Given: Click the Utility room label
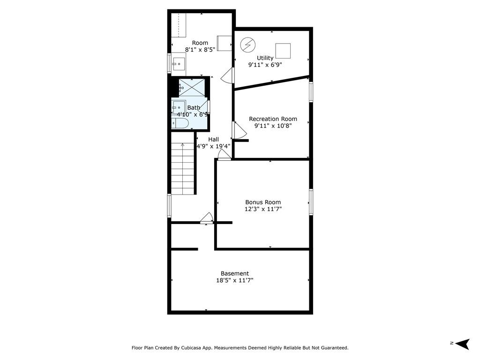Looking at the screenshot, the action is click(265, 58).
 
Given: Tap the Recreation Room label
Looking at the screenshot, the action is click(273, 119).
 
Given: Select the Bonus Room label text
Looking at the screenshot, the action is click(263, 202).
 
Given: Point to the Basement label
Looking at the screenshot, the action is click(235, 273).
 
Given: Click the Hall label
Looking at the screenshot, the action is click(213, 139).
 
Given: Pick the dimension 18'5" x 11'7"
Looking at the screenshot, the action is click(235, 280).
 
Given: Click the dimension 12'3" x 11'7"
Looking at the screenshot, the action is click(263, 209).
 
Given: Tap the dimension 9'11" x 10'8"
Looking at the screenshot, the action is click(273, 126).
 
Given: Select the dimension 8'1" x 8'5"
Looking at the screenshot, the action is click(200, 50).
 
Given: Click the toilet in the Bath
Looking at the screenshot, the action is click(180, 123).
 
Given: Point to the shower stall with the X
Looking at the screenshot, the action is click(192, 88).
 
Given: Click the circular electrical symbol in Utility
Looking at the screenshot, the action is click(247, 45).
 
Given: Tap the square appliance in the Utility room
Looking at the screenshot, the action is click(283, 51).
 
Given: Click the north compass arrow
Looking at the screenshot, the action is click(462, 344).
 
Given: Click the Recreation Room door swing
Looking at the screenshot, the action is click(240, 130).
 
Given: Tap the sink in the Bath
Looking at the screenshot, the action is click(178, 107).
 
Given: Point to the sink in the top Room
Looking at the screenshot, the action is click(178, 64).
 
